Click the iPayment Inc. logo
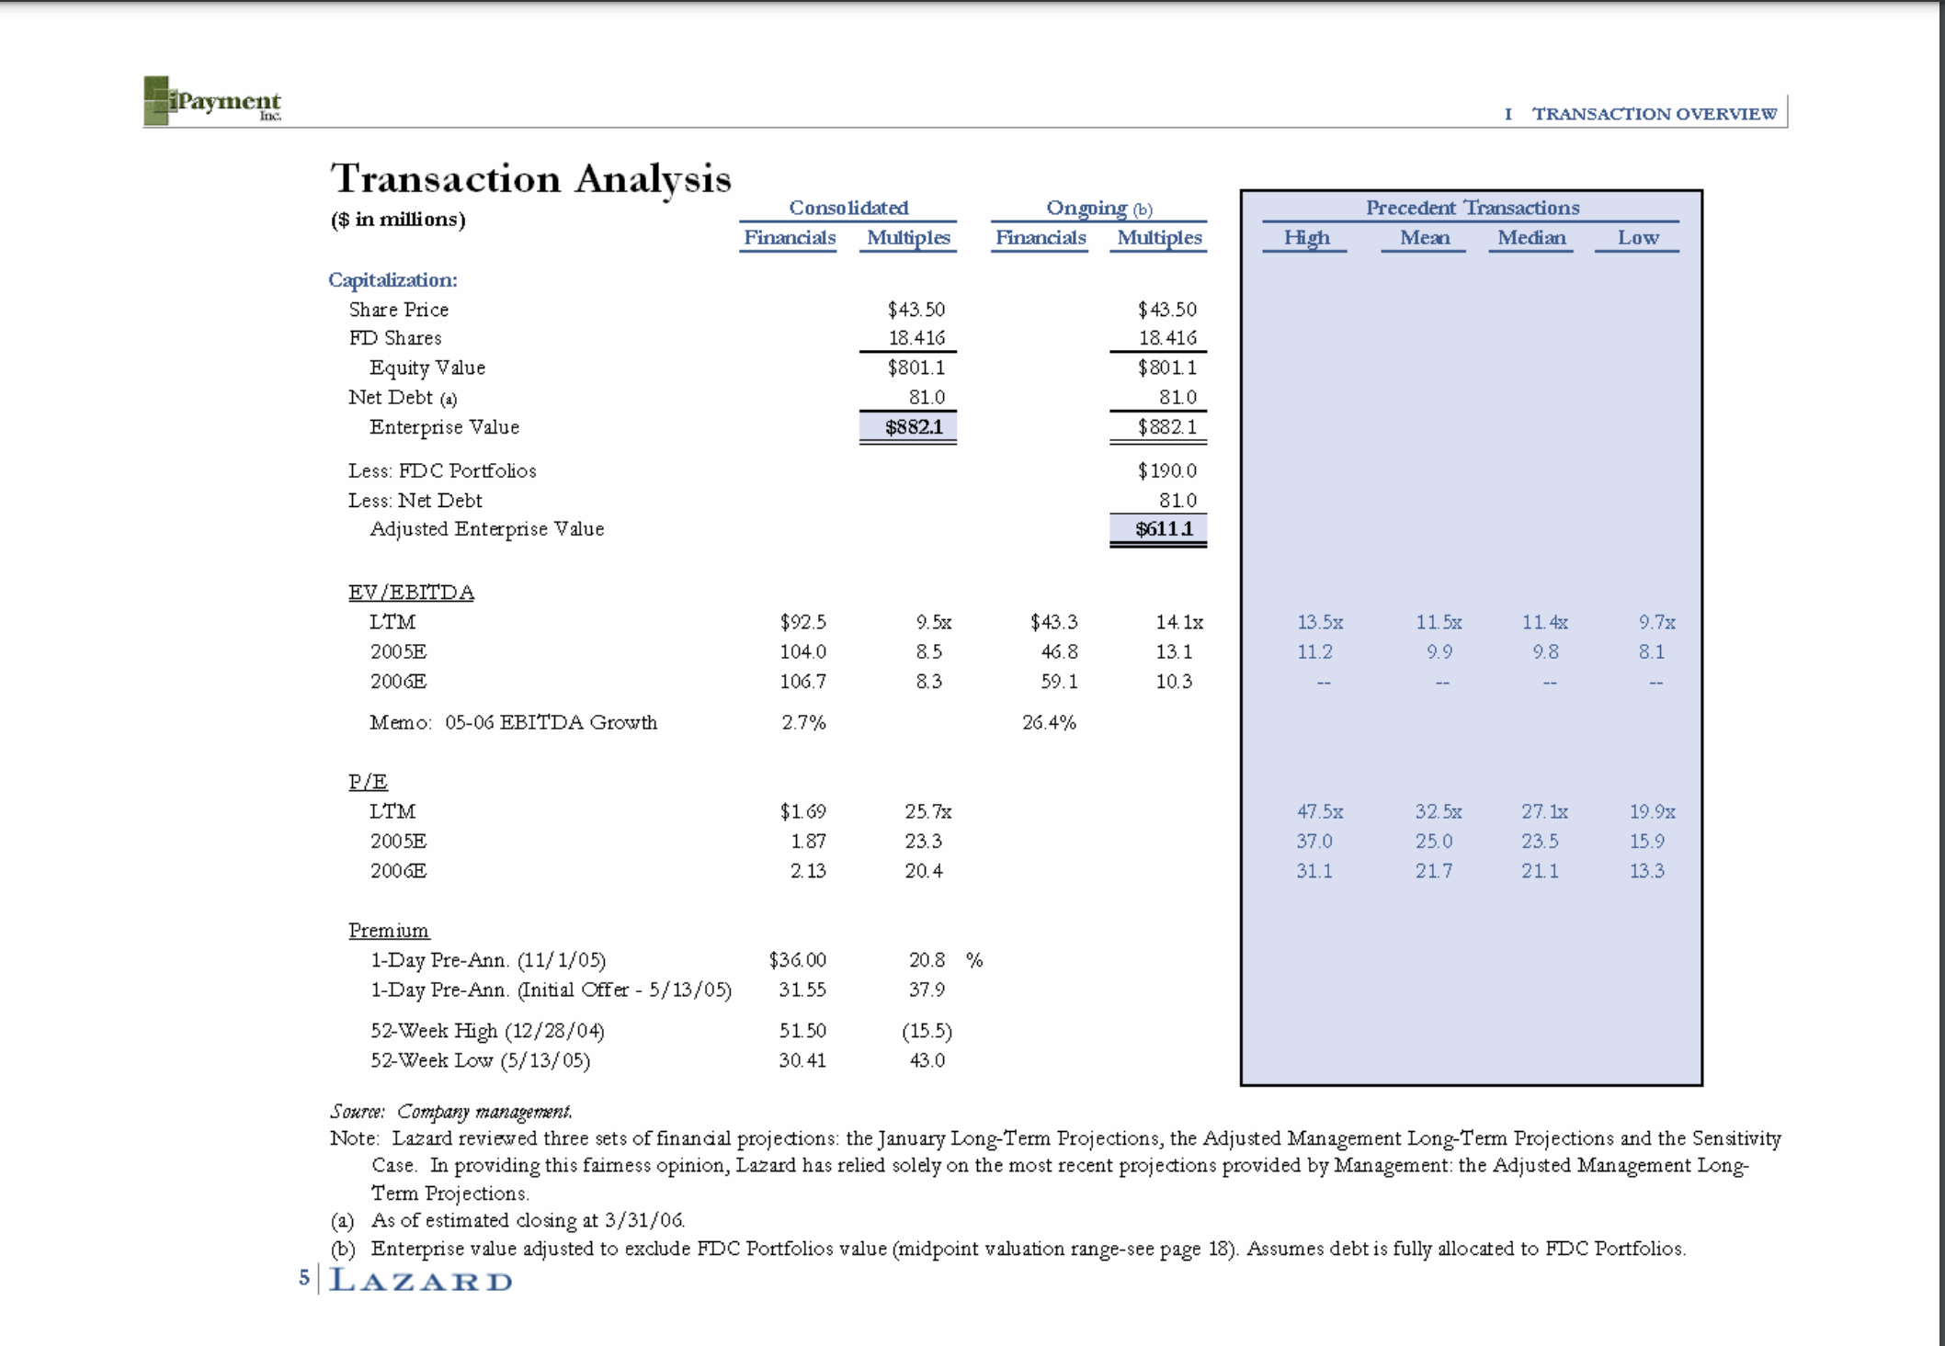click(x=212, y=101)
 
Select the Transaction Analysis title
click(x=530, y=178)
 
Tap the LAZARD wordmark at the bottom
click(x=421, y=1280)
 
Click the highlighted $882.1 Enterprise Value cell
click(x=909, y=427)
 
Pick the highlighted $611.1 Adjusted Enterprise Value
click(x=1160, y=529)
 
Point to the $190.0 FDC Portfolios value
click(x=1166, y=470)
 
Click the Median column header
click(x=1531, y=238)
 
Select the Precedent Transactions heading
click(x=1472, y=208)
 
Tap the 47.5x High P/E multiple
click(x=1319, y=811)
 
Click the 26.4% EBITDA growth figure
click(x=1049, y=722)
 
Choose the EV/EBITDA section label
click(x=411, y=593)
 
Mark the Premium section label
click(x=389, y=931)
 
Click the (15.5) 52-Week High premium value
click(x=927, y=1031)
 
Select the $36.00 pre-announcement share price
click(x=797, y=960)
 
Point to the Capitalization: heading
click(x=392, y=279)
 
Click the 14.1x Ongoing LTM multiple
click(x=1178, y=622)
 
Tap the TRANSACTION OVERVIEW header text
click(x=1654, y=114)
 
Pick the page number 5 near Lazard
click(x=304, y=1278)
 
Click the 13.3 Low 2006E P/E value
click(x=1646, y=871)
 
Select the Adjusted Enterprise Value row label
click(x=486, y=529)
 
